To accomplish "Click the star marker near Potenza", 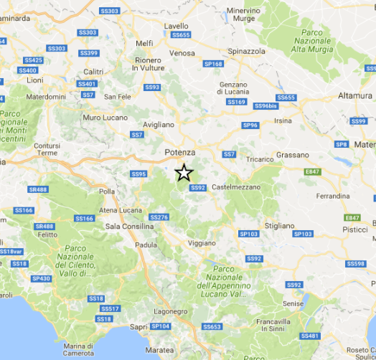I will (x=184, y=173).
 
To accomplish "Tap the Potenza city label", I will (x=179, y=152).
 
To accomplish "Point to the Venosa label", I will (x=182, y=53).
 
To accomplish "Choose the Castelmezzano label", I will (x=236, y=187).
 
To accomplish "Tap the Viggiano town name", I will (x=201, y=243).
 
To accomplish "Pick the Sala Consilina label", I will (x=130, y=226).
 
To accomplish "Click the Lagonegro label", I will (x=169, y=311).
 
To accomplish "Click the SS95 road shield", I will (x=138, y=174).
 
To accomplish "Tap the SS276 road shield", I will (x=159, y=217).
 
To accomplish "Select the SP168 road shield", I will (x=213, y=64).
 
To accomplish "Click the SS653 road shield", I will (x=211, y=327).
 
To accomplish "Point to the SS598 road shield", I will (x=355, y=264).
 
